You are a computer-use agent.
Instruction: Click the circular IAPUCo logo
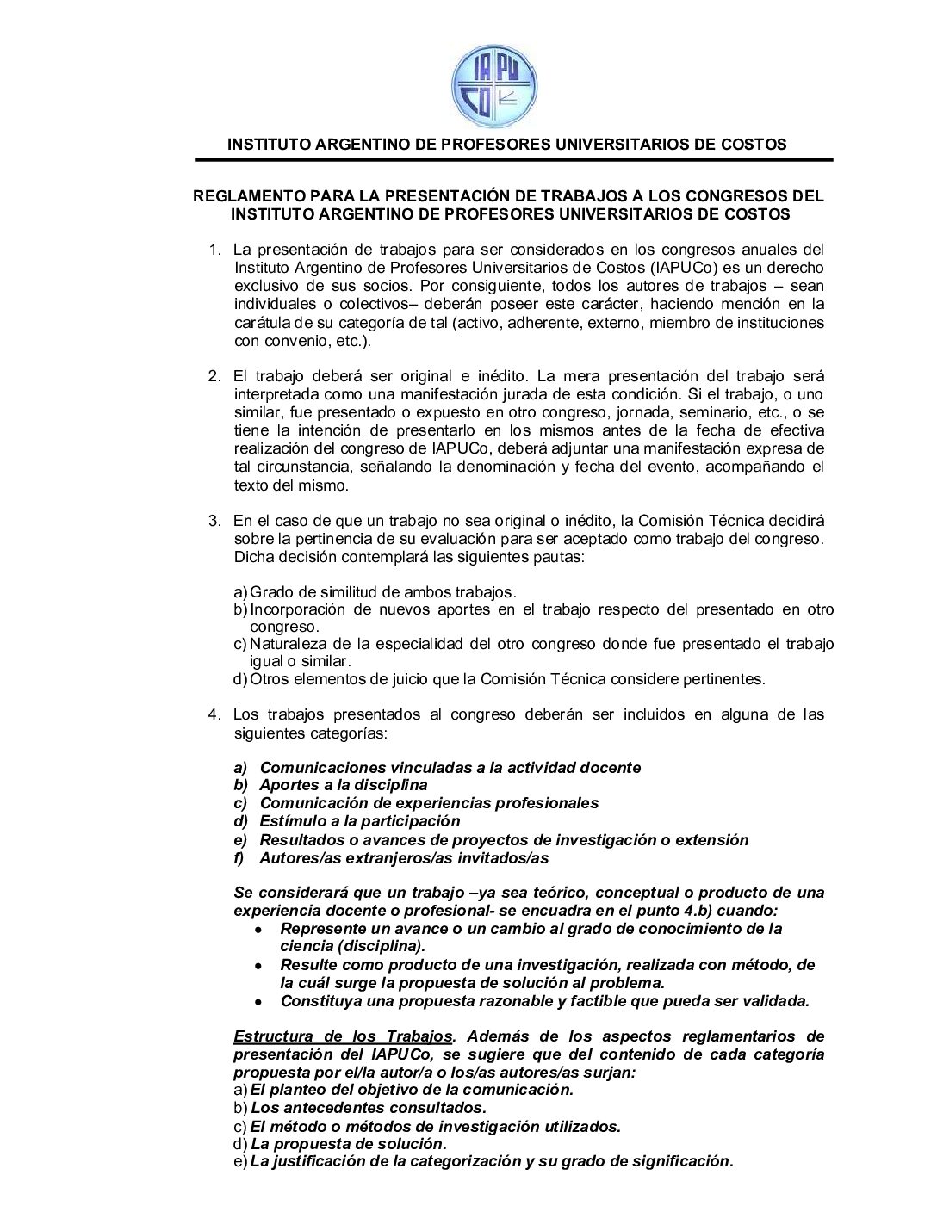tap(494, 86)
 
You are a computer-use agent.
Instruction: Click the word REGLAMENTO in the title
tap(247, 196)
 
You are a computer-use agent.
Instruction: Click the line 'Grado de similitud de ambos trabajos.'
tap(382, 592)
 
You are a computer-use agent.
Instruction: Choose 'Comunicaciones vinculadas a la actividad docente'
tap(450, 768)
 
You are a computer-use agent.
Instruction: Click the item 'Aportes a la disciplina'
tap(343, 785)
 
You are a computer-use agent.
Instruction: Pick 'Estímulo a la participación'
tap(359, 821)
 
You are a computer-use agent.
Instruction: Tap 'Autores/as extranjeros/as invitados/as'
tap(404, 858)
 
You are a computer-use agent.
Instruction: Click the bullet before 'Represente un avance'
tap(258, 931)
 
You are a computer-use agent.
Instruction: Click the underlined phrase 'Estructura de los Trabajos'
tap(343, 1036)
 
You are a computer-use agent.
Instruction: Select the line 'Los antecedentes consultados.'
tap(369, 1108)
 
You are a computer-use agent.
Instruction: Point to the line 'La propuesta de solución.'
tap(349, 1144)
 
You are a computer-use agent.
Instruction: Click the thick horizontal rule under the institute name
tap(514, 160)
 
